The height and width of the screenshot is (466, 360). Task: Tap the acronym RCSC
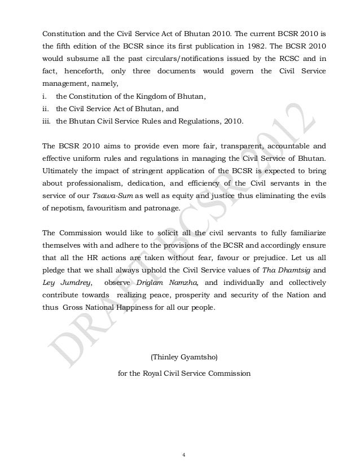pyautogui.click(x=274, y=56)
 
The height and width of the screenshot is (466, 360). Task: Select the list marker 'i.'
pyautogui.click(x=46, y=97)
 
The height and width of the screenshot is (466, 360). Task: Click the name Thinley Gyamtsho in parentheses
pyautogui.click(x=181, y=358)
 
